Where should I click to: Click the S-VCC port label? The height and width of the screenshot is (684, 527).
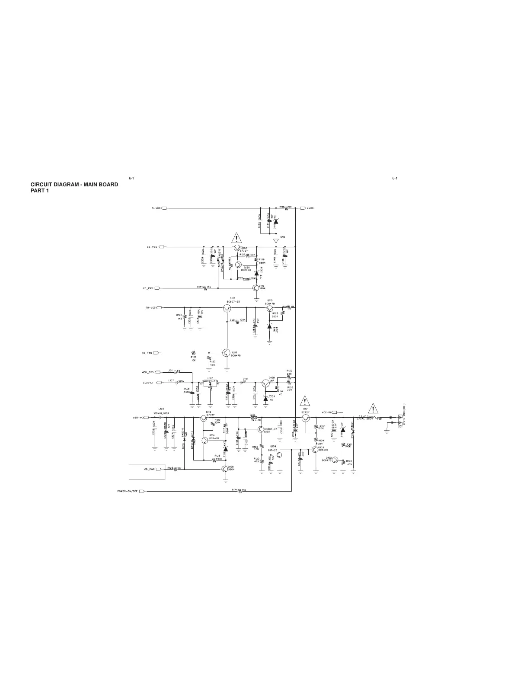tap(157, 208)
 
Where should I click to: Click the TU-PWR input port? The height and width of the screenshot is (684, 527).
tap(156, 353)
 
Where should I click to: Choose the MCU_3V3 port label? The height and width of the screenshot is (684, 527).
tap(148, 372)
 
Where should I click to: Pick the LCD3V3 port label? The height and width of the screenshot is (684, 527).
tap(148, 382)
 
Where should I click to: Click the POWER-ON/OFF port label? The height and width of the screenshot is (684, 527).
tap(128, 491)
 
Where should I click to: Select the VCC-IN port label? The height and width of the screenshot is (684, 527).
tap(327, 412)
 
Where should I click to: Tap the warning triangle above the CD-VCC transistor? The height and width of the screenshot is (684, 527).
tap(236, 238)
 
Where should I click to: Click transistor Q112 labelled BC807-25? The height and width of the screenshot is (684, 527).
tap(227, 308)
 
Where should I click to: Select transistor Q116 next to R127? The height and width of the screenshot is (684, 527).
tap(226, 353)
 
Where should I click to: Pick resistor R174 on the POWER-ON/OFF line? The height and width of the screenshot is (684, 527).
tap(239, 491)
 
